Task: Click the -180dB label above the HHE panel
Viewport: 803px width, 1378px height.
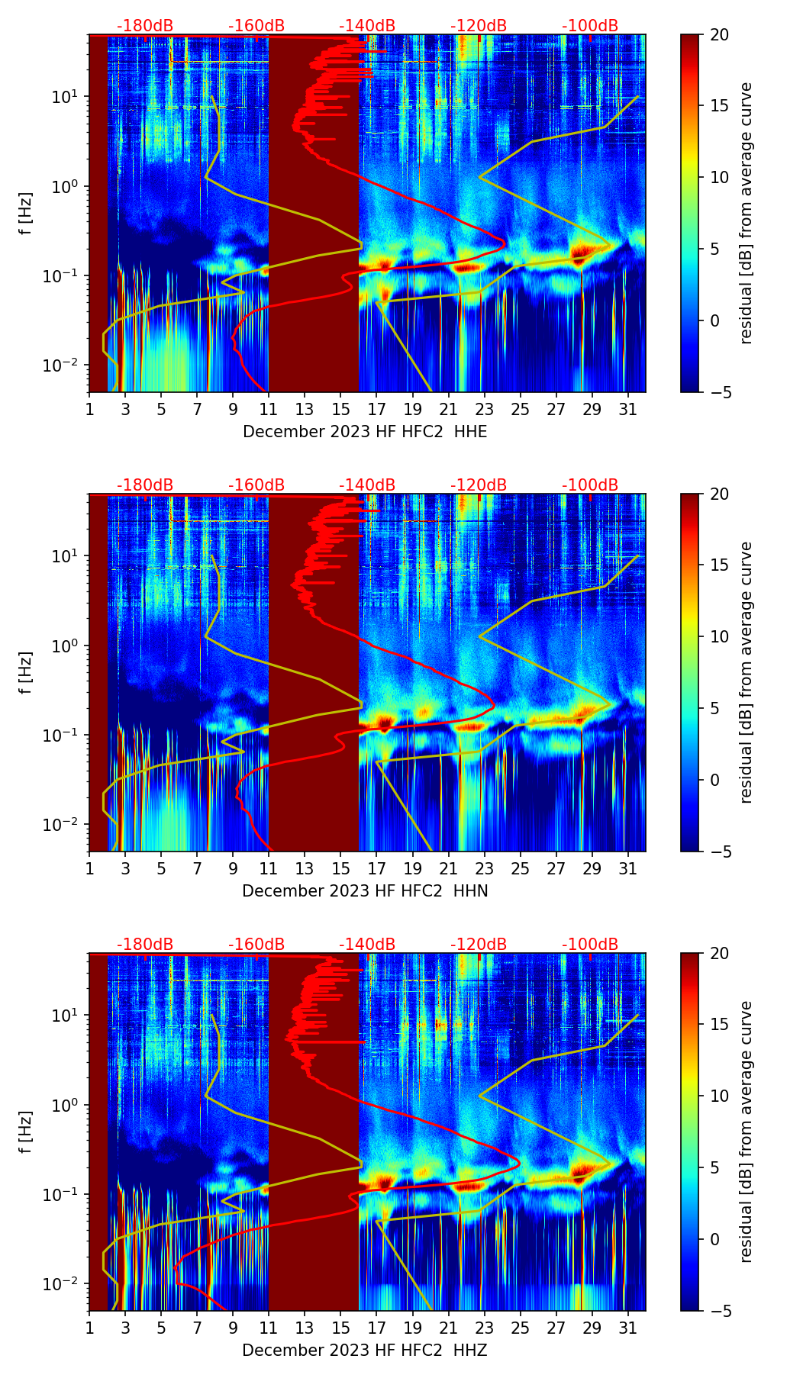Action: [x=145, y=26]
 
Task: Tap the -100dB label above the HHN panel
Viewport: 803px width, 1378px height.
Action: [x=590, y=485]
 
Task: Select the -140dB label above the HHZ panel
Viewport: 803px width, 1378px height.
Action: [x=367, y=945]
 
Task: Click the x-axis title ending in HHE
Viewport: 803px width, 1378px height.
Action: [x=365, y=432]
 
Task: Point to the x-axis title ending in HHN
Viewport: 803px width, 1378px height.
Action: [x=365, y=891]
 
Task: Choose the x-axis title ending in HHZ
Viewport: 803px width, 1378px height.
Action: [x=365, y=1351]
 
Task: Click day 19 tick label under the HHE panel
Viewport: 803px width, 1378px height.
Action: [x=412, y=409]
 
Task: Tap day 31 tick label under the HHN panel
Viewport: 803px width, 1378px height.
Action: [x=627, y=868]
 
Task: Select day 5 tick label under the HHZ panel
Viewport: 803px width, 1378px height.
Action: [x=161, y=1328]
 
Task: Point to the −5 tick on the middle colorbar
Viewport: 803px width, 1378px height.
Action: [x=717, y=852]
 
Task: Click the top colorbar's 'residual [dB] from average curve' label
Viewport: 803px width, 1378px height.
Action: [x=747, y=213]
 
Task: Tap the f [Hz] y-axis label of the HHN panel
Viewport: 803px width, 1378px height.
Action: [x=26, y=672]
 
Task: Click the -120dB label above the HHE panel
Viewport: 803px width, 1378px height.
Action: [x=479, y=26]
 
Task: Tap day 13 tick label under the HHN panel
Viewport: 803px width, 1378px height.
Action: [x=305, y=868]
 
